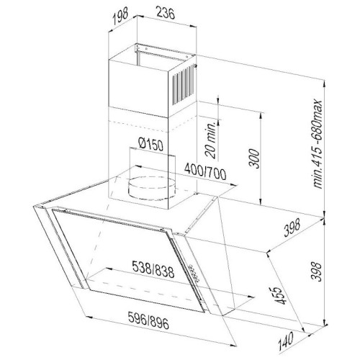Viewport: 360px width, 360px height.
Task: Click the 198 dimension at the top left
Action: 120,17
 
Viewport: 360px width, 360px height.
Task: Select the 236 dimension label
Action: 166,13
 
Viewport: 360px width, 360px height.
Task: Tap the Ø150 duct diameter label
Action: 151,144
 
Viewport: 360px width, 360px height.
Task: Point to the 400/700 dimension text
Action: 205,172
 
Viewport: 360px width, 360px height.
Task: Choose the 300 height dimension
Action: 254,158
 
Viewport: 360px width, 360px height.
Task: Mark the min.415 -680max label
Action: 318,144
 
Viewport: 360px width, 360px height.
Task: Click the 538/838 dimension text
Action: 153,269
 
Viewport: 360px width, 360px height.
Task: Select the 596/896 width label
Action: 148,320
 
